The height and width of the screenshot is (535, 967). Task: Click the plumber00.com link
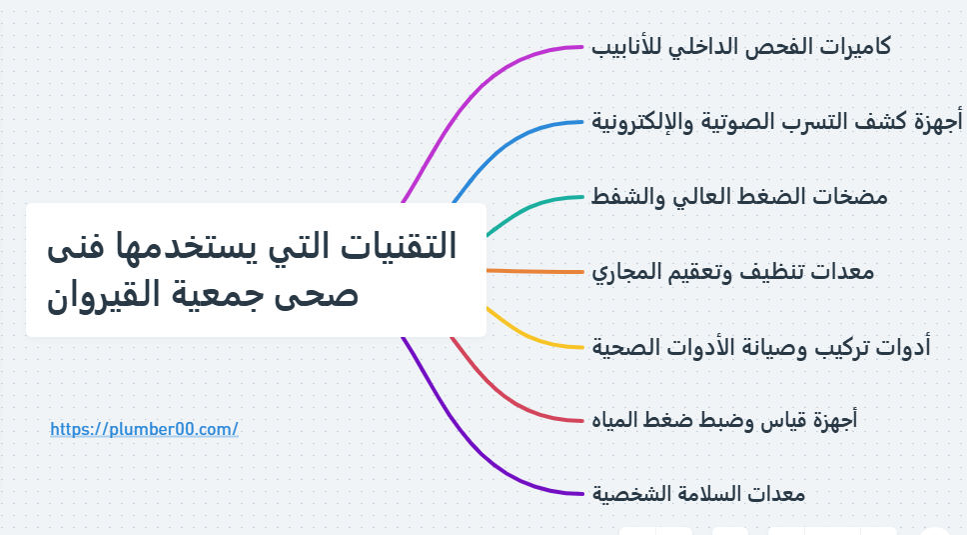click(x=144, y=429)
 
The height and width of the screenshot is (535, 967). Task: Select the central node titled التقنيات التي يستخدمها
click(x=256, y=270)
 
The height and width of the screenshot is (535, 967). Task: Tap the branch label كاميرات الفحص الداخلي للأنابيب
click(x=740, y=47)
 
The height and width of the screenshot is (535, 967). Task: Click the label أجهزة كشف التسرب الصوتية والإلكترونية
click(x=776, y=122)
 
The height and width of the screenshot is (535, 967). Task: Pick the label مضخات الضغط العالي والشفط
click(x=739, y=197)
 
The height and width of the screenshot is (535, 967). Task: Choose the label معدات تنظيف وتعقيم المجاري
click(x=732, y=272)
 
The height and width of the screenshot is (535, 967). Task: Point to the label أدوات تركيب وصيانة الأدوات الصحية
click(x=761, y=347)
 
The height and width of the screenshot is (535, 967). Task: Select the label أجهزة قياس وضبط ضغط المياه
click(x=724, y=420)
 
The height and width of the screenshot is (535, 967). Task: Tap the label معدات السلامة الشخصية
click(x=698, y=494)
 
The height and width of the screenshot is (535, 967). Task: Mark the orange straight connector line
click(x=534, y=272)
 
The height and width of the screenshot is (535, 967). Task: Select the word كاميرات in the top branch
click(x=855, y=46)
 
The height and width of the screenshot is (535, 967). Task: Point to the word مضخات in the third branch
click(x=855, y=197)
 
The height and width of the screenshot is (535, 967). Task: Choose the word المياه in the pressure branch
click(x=614, y=420)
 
